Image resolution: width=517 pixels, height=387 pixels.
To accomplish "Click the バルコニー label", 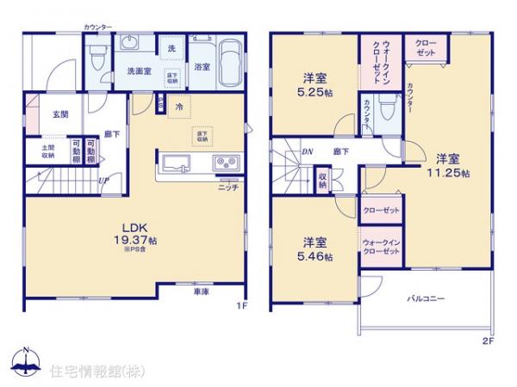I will [426, 299].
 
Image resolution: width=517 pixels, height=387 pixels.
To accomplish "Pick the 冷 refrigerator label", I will [179, 107].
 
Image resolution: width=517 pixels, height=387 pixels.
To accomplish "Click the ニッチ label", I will [227, 187].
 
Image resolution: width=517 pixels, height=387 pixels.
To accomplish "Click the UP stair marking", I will [103, 181].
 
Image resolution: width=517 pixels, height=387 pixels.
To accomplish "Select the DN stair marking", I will [306, 151].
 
